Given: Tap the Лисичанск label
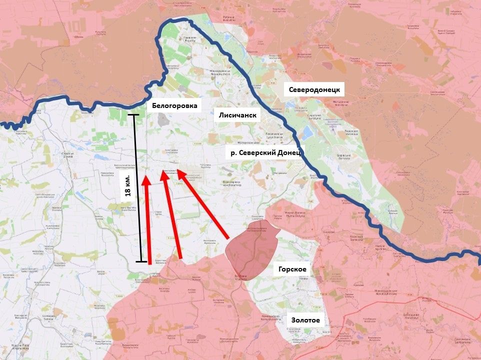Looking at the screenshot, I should pyautogui.click(x=237, y=115).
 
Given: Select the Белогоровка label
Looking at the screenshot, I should pyautogui.click(x=175, y=105).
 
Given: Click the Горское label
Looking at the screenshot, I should pyautogui.click(x=292, y=269).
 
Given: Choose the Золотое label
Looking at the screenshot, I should pyautogui.click(x=305, y=320).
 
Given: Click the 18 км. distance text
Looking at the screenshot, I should pyautogui.click(x=128, y=186).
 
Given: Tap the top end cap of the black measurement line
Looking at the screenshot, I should pyautogui.click(x=134, y=115).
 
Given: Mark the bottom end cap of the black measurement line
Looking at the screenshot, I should pyautogui.click(x=141, y=261).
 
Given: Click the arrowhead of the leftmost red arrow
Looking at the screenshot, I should pyautogui.click(x=146, y=180).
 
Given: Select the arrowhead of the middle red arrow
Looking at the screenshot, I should pyautogui.click(x=164, y=175).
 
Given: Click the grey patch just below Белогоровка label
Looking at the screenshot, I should pyautogui.click(x=163, y=119).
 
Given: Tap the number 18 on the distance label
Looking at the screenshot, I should pyautogui.click(x=128, y=191).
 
